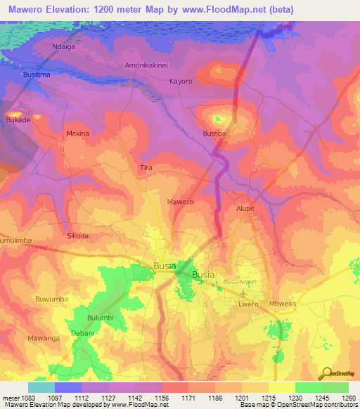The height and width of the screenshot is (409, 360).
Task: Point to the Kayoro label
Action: (x=181, y=82)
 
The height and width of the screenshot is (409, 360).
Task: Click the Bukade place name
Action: (x=19, y=120)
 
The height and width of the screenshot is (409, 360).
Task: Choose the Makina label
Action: (x=77, y=134)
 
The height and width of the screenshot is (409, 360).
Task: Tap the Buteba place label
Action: (x=214, y=133)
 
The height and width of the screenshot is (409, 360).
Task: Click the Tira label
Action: (x=146, y=168)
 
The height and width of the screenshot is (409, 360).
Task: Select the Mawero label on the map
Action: (x=180, y=202)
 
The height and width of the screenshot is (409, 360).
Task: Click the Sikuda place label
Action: (x=77, y=236)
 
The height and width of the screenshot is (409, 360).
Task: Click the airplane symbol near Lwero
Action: (x=244, y=293)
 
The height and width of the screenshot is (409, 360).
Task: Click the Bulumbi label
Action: (x=100, y=318)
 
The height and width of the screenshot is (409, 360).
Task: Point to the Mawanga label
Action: (x=44, y=338)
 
